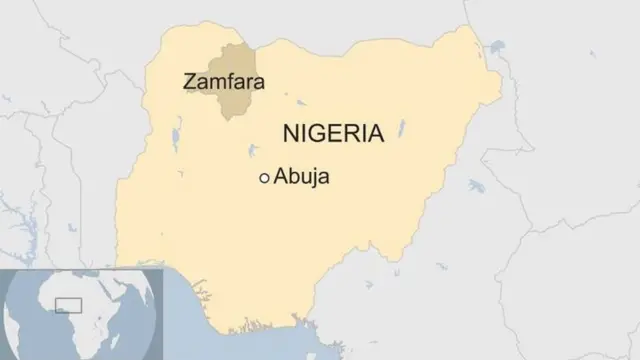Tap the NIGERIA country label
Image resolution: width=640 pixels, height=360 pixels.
tap(333, 133)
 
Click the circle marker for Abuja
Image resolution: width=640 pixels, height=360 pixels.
tap(264, 178)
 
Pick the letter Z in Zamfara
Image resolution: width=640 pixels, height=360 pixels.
tap(189, 82)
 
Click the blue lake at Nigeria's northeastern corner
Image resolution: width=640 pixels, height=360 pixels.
tap(496, 45)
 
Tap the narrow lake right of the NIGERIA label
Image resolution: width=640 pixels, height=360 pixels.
tap(402, 129)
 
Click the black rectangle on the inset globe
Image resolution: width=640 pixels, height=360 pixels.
tap(68, 304)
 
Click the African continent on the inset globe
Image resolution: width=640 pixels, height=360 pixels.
tap(85, 315)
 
